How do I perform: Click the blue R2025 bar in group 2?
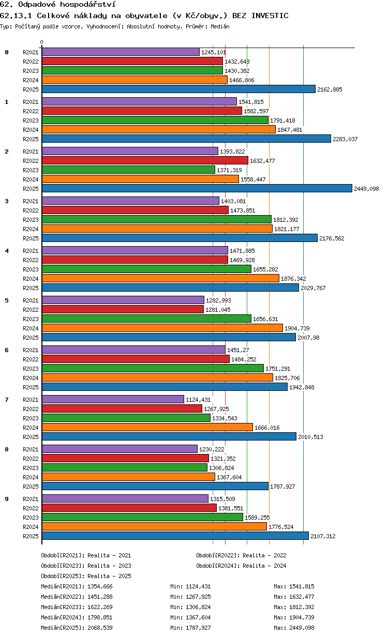tap(197, 188)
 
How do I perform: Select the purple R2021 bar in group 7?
tap(113, 399)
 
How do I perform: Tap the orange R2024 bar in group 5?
tap(162, 328)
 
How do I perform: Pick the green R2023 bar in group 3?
tap(157, 219)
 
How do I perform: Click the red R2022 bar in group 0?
tap(132, 61)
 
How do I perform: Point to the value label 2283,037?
tap(345, 139)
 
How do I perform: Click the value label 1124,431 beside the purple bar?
tap(198, 400)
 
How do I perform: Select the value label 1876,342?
tap(293, 279)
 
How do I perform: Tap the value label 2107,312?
tap(323, 536)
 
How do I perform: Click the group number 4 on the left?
tap(7, 251)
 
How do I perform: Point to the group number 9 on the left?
tap(7, 499)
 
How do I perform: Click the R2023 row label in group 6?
tap(31, 369)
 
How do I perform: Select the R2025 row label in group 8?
tap(31, 487)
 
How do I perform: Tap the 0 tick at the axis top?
tap(41, 42)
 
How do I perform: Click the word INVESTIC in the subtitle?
tap(270, 16)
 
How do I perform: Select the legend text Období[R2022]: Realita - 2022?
tap(241, 555)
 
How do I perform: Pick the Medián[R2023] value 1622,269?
tap(100, 607)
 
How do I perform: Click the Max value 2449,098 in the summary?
tap(302, 628)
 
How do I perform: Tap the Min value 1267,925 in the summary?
tap(198, 597)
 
